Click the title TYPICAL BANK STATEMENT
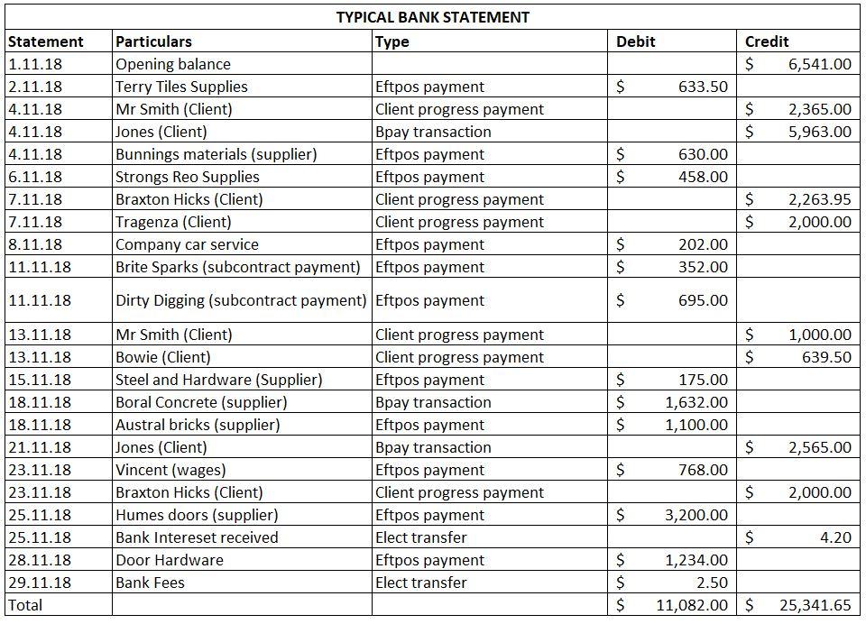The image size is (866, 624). pyautogui.click(x=432, y=17)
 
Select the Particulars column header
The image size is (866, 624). pyautogui.click(x=153, y=41)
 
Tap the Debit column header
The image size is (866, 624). pyautogui.click(x=635, y=41)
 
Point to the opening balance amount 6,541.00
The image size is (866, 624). pyautogui.click(x=819, y=64)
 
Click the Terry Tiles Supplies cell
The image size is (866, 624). pyautogui.click(x=181, y=87)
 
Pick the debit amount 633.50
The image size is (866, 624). pyautogui.click(x=703, y=87)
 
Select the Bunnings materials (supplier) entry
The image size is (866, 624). pyautogui.click(x=216, y=154)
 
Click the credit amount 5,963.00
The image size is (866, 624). pyautogui.click(x=819, y=132)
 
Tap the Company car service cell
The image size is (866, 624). pyautogui.click(x=187, y=244)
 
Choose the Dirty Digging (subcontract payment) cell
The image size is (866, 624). pyautogui.click(x=241, y=300)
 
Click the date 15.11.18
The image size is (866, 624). pyautogui.click(x=35, y=380)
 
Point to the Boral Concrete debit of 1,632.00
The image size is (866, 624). pyautogui.click(x=696, y=402)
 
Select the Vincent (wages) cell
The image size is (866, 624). pyautogui.click(x=170, y=470)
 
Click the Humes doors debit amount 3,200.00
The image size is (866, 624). pyautogui.click(x=696, y=515)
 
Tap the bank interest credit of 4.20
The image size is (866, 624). pyautogui.click(x=835, y=537)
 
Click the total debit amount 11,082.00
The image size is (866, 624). pyautogui.click(x=692, y=605)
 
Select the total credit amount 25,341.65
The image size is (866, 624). pyautogui.click(x=815, y=605)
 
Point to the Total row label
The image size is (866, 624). pyautogui.click(x=25, y=605)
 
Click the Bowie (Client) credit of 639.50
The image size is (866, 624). pyautogui.click(x=826, y=357)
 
